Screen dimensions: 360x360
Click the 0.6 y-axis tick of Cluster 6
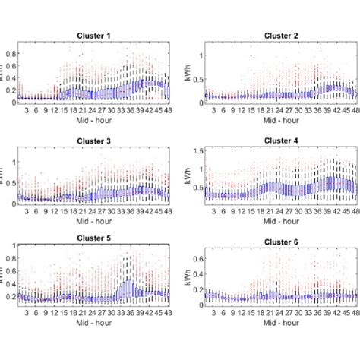click(x=199, y=260)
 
